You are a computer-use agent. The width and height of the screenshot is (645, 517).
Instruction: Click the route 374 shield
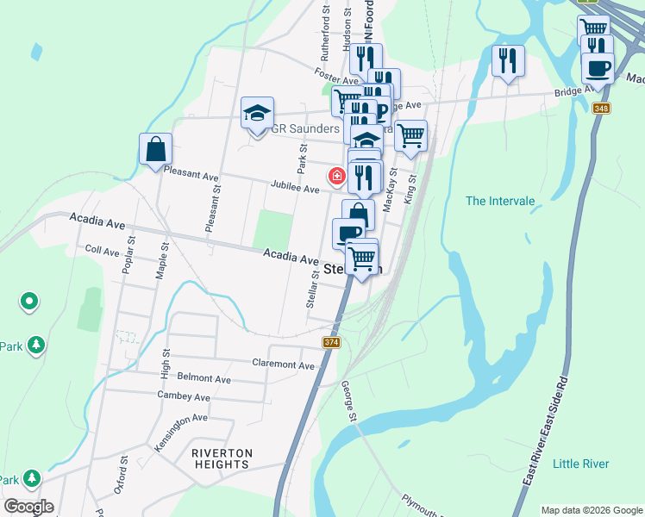click(331, 343)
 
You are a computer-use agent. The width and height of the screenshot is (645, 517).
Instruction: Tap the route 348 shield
click(601, 108)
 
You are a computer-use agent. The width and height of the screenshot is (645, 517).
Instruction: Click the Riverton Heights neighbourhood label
click(222, 458)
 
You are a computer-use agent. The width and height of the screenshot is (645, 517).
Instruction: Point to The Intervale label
click(500, 201)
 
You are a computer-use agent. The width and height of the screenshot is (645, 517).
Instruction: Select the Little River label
click(580, 464)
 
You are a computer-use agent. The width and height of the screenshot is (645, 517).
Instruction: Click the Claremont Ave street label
click(283, 365)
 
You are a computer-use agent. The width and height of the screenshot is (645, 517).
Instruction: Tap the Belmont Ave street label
click(204, 378)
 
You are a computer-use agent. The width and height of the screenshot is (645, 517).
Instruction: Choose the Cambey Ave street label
click(184, 396)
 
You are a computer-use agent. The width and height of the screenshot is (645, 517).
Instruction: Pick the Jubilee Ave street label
click(295, 187)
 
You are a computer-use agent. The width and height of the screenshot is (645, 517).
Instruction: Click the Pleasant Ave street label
click(191, 175)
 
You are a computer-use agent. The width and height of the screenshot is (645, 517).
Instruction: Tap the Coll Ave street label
click(102, 251)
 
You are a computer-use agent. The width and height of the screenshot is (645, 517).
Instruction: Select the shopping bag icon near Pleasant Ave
click(155, 148)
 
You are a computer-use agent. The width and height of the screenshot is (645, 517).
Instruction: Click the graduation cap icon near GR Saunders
click(257, 113)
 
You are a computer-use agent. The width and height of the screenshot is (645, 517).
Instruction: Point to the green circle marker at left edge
click(29, 302)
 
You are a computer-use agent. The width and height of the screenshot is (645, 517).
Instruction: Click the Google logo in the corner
click(28, 507)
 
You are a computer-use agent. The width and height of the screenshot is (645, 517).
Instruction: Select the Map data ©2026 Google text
click(592, 510)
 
